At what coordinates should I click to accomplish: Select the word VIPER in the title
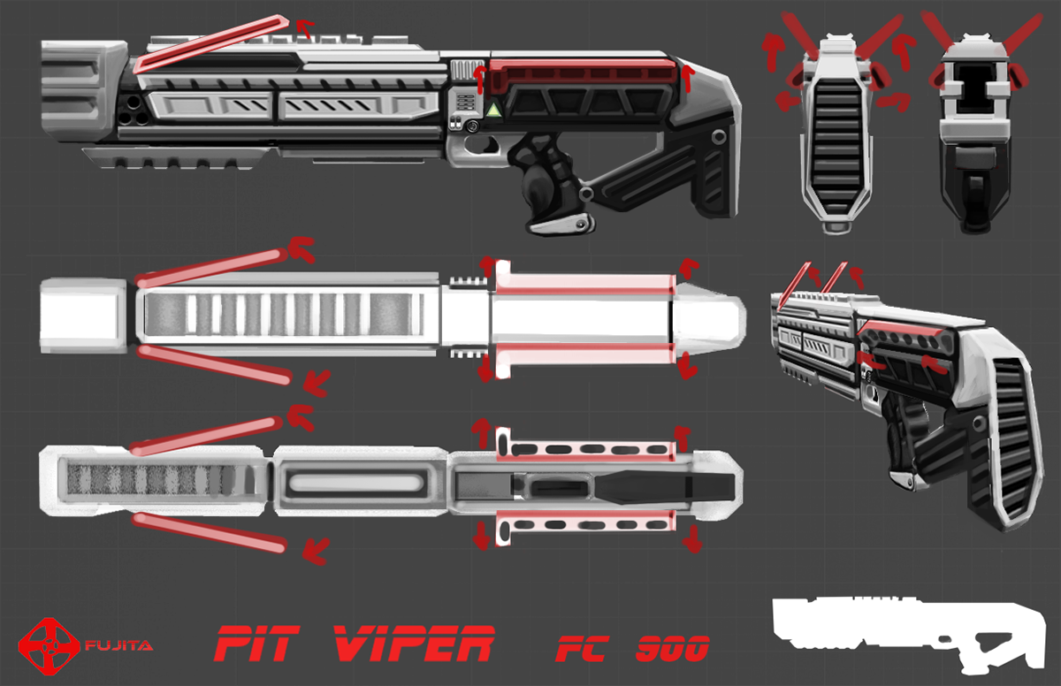(x=412, y=644)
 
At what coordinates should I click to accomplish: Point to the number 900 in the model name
(x=672, y=650)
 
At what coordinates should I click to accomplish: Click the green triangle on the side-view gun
(x=492, y=110)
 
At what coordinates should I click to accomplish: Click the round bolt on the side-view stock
(x=718, y=138)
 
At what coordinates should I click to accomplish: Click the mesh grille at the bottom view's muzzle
(x=150, y=480)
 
